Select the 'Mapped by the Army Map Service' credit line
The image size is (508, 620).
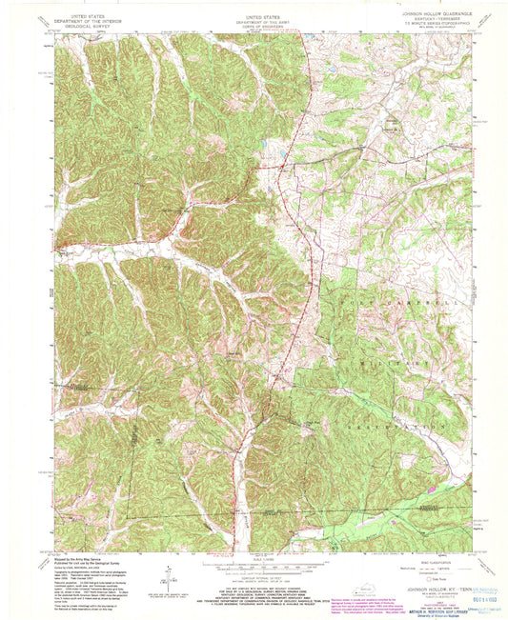[91, 560]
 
